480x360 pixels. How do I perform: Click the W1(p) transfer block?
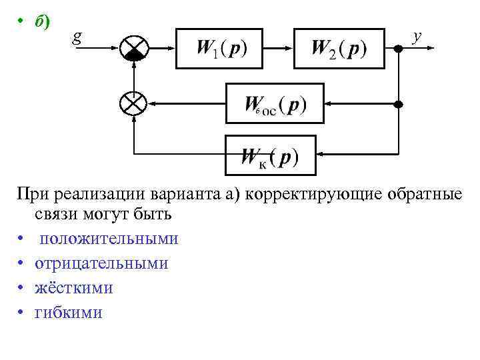(x=221, y=48)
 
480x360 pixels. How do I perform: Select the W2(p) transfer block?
(x=339, y=48)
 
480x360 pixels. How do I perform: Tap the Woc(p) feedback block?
(x=275, y=103)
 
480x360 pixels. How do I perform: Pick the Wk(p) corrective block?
(x=270, y=157)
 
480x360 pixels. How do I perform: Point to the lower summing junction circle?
(x=135, y=103)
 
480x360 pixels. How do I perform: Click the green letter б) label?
(x=41, y=22)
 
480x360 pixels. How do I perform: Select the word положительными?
(x=108, y=239)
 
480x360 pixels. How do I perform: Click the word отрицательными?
(x=101, y=263)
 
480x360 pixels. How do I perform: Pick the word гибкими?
(x=69, y=312)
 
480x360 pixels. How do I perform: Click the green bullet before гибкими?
(x=22, y=312)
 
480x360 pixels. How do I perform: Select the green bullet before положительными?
(x=22, y=239)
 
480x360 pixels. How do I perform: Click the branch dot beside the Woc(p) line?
(x=399, y=104)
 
